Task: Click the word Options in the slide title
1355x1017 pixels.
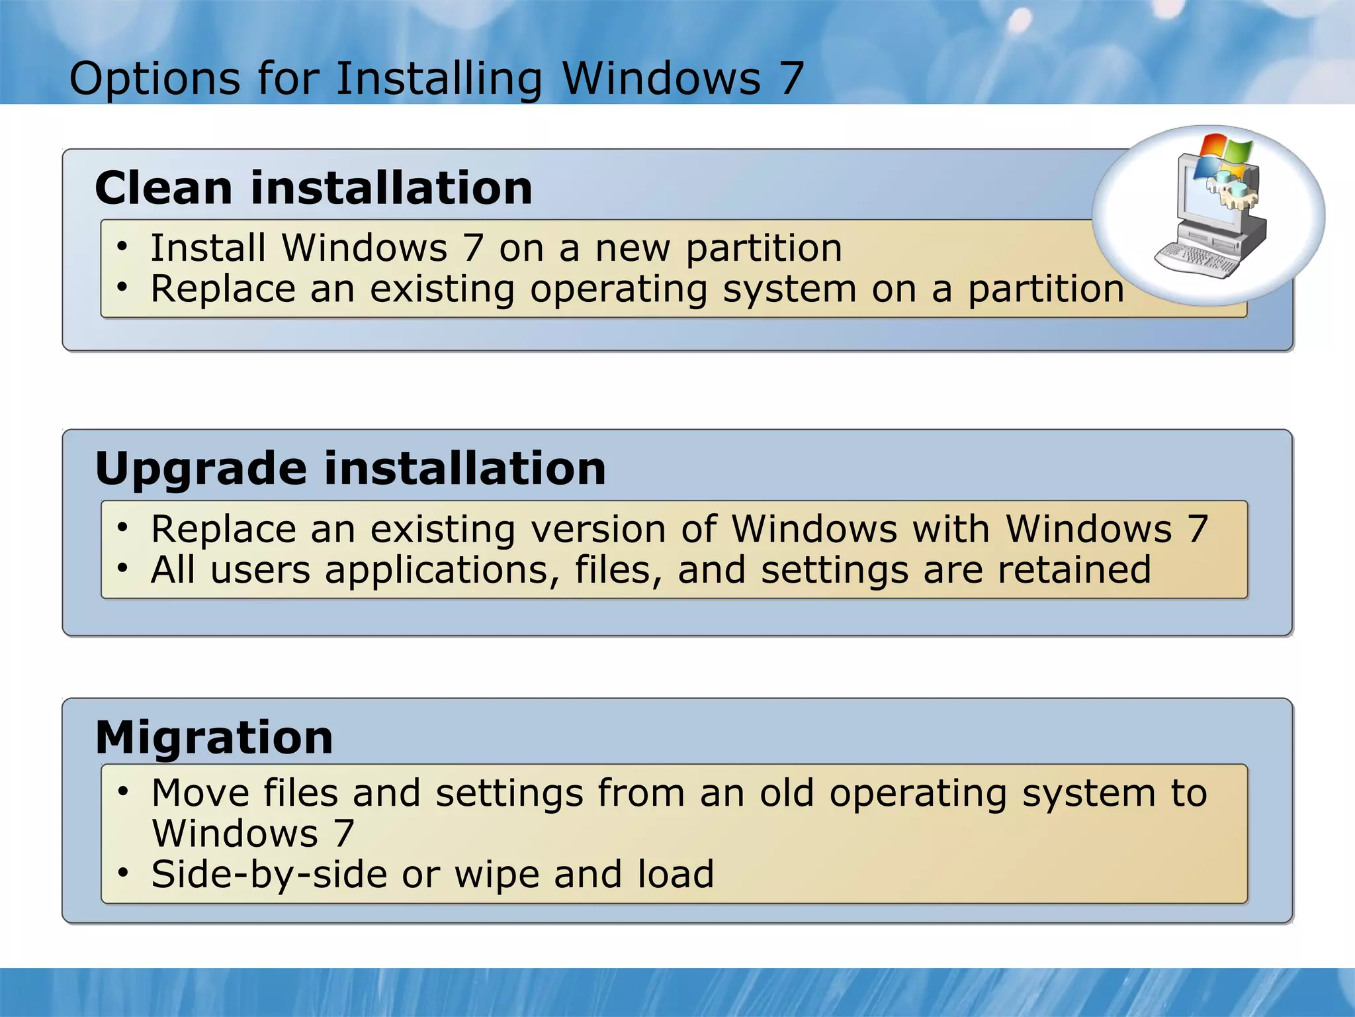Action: pyautogui.click(x=154, y=79)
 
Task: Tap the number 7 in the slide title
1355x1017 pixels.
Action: pyautogui.click(x=791, y=78)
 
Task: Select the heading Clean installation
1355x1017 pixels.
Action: pyautogui.click(x=314, y=188)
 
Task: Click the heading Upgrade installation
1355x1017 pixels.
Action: pyautogui.click(x=350, y=469)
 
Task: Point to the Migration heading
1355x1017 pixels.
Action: pyautogui.click(x=214, y=738)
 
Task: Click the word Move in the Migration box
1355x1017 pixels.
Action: pyautogui.click(x=200, y=793)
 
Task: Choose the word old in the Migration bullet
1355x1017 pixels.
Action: pyautogui.click(x=787, y=793)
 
